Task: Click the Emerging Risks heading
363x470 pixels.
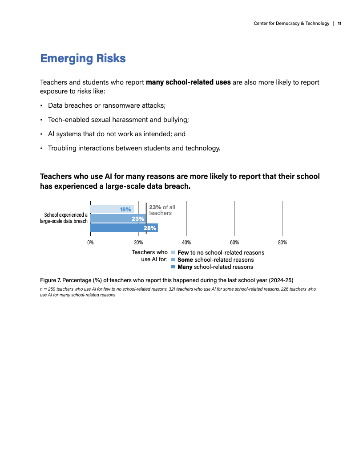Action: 83,58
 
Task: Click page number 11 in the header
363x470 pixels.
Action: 339,24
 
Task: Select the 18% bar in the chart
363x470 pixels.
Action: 112,209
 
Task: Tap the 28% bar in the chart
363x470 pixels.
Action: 124,228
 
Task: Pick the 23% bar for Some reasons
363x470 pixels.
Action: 118,219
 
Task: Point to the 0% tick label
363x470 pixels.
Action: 90,243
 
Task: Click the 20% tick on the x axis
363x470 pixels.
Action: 138,243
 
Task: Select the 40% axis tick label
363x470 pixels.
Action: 186,243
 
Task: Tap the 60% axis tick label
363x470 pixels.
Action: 234,243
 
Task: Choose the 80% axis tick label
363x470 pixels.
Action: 282,243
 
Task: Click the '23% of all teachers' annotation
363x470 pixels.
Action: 162,210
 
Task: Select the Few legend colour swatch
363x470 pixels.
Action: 173,252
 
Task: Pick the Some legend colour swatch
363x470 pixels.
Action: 173,259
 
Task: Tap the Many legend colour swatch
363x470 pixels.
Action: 173,267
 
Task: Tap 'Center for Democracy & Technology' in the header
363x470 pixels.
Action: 291,24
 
